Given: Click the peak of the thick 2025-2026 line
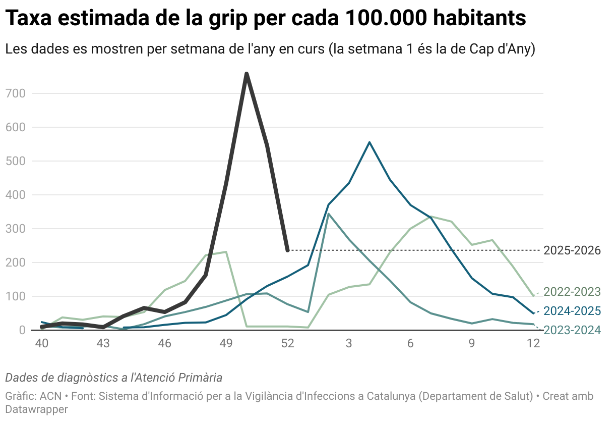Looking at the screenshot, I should coord(247,74).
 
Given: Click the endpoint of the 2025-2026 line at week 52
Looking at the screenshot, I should coord(287,250).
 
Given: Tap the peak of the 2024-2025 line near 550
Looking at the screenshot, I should coord(370,142).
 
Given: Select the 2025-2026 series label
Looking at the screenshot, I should coord(572,250).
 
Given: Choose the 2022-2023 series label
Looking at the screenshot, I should coord(572,292).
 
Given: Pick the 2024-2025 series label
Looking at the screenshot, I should coord(572,311).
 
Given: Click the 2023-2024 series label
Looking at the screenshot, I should coord(572,330).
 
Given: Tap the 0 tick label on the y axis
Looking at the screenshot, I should coord(22,330).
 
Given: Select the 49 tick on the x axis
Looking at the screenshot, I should coord(226,344).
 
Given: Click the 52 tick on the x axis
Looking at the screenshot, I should coord(287,344).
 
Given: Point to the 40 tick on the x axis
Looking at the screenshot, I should coord(41,344).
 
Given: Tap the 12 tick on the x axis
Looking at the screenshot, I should coord(533,344).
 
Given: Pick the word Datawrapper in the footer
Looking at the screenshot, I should coord(36,409).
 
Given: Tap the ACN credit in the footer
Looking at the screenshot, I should coord(50,396).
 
